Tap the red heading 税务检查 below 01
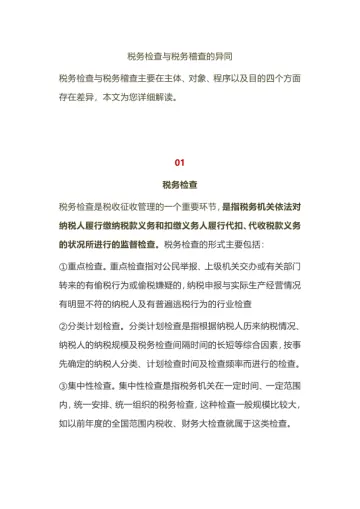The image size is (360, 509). pyautogui.click(x=180, y=185)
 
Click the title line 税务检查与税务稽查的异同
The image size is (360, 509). pyautogui.click(x=180, y=57)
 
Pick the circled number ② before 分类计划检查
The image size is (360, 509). pyautogui.click(x=64, y=327)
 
